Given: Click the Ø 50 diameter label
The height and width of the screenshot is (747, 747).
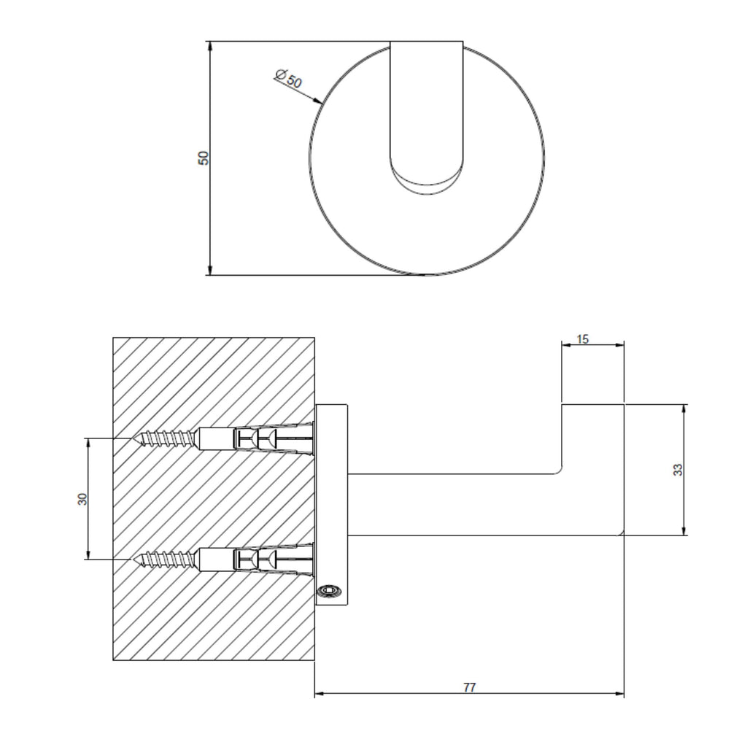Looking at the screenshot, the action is click(x=289, y=79).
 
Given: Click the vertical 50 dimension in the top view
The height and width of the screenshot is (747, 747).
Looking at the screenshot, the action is click(x=204, y=158).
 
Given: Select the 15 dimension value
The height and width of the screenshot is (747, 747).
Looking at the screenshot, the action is click(x=583, y=339).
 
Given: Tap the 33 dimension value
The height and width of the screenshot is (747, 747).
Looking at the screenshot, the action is click(x=678, y=470).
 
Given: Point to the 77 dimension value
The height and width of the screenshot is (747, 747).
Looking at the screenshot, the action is click(x=470, y=688).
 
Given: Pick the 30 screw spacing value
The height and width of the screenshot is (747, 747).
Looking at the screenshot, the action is click(x=82, y=499).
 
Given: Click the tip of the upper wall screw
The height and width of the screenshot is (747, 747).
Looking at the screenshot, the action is click(x=134, y=438).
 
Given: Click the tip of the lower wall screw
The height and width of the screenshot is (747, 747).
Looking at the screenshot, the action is click(x=134, y=559).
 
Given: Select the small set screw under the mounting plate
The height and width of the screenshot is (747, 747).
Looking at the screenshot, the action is click(x=330, y=591).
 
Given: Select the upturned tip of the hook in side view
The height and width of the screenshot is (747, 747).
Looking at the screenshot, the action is click(x=593, y=438).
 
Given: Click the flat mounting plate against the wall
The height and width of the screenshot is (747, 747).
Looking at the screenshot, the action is click(x=332, y=505).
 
